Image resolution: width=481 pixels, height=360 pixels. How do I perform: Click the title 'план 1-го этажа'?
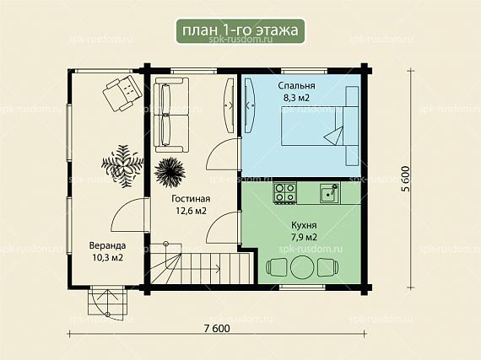(x=240, y=30)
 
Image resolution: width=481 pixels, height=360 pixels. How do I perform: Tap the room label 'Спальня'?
(x=296, y=85)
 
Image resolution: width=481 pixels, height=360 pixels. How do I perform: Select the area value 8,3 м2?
(x=296, y=98)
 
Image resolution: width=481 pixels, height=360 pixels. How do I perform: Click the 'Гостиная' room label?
(x=191, y=198)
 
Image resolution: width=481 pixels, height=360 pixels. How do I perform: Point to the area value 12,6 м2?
(x=191, y=211)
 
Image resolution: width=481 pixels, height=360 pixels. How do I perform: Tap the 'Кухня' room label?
(x=304, y=225)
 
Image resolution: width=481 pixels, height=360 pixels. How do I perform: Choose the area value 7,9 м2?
(x=304, y=237)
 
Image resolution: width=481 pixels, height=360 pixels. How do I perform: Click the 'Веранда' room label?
(x=107, y=245)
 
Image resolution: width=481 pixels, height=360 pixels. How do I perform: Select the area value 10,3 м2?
(x=107, y=258)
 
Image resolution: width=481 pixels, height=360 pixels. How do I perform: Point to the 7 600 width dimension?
(x=217, y=329)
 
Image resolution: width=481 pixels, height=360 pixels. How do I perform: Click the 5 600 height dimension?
(x=406, y=179)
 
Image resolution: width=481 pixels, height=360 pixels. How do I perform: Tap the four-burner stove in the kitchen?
(x=285, y=193)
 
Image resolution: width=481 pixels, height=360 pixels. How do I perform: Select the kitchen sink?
(x=330, y=193)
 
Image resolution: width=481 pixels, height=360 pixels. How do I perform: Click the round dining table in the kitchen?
(x=302, y=267)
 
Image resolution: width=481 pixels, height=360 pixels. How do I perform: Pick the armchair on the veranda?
(x=122, y=93)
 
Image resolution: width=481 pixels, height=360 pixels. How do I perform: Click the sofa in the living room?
(x=170, y=115)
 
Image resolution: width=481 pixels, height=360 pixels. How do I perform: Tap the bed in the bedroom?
(x=320, y=126)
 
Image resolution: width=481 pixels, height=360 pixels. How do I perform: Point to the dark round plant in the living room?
(x=170, y=172)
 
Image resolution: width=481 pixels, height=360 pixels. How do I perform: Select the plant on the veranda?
(x=122, y=166)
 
